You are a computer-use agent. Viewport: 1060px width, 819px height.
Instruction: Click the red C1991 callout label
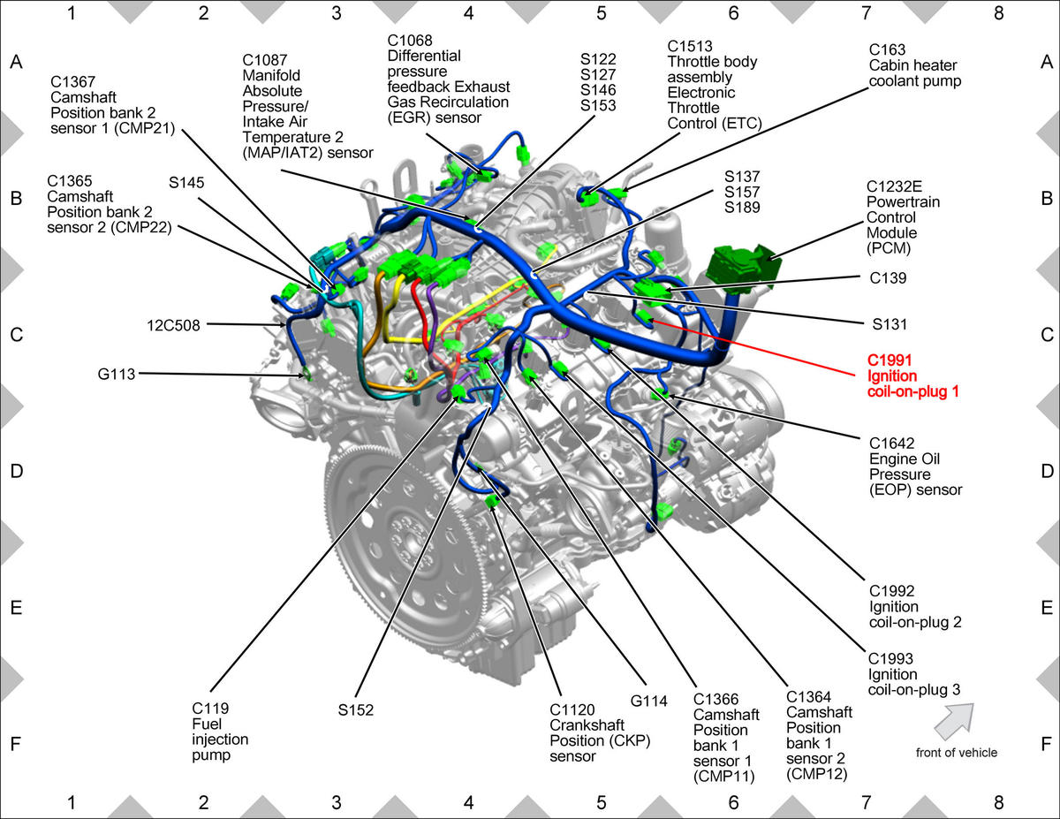pos(912,375)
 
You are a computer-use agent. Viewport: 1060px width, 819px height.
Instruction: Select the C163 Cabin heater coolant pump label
pos(914,65)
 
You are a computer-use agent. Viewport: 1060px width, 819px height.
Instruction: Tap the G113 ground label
pos(116,374)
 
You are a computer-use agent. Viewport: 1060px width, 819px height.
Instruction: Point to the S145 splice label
pos(186,182)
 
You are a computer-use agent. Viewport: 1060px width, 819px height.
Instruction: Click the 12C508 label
pos(173,325)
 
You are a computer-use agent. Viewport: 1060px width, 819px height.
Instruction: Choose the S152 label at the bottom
pos(356,709)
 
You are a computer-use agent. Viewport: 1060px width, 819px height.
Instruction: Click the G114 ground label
pos(648,701)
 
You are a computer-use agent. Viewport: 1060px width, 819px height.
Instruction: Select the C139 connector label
pos(888,278)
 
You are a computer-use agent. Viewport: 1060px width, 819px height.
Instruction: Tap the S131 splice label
pos(890,324)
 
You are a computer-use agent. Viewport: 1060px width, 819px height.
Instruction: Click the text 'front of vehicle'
pos(956,753)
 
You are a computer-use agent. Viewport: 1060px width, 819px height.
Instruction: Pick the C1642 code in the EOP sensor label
pos(891,444)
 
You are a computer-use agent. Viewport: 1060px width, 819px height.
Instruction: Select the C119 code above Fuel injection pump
pos(210,709)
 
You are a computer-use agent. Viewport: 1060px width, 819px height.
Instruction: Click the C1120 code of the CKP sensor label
pos(572,709)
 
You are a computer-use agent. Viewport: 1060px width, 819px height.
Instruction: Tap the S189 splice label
pos(742,208)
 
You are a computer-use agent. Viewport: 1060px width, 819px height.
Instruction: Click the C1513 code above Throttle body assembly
pos(690,46)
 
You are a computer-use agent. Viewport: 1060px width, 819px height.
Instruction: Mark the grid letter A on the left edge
pos(17,62)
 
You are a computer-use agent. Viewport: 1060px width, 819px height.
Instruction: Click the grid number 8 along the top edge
pos(998,13)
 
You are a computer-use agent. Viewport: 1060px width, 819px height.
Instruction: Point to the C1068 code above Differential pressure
pos(410,41)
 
